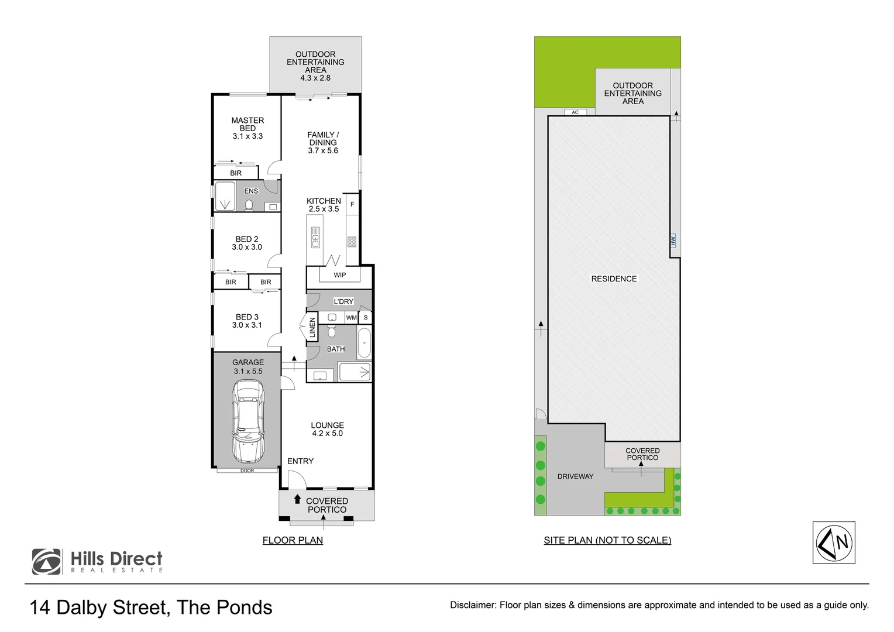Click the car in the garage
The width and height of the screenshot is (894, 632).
(x=248, y=421)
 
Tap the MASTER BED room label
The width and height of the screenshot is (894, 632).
(x=247, y=124)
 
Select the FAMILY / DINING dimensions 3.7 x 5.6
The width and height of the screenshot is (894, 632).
(x=323, y=151)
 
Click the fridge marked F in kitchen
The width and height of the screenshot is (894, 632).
(x=352, y=204)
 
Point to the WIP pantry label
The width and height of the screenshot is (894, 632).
(x=340, y=275)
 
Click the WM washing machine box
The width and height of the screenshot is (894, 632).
(x=351, y=318)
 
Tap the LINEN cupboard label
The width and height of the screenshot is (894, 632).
(x=312, y=327)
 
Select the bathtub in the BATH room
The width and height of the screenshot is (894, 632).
(x=364, y=343)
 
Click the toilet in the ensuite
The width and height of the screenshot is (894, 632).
(x=249, y=205)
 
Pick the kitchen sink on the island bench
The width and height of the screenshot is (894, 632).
(x=315, y=238)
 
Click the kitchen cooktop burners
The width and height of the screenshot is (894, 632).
(x=352, y=242)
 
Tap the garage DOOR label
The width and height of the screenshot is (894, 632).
(x=247, y=470)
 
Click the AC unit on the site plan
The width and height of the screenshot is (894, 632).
(x=575, y=112)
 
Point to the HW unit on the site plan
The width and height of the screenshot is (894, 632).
(x=673, y=241)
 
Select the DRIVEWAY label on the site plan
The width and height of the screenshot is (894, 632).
(x=575, y=476)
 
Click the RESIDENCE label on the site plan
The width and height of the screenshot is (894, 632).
(x=614, y=279)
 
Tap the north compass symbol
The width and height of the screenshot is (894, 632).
(x=834, y=542)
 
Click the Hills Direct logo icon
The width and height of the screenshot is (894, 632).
(x=47, y=562)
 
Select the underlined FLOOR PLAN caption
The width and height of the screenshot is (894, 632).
(x=293, y=540)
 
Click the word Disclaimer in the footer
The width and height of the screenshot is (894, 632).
(x=472, y=605)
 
